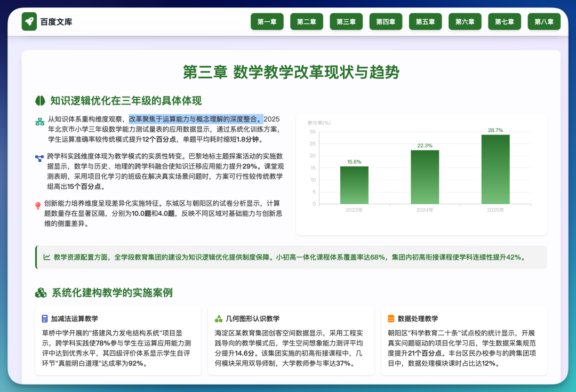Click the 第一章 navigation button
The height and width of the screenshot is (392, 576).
coord(267,22)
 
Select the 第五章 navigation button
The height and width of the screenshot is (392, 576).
coord(426,22)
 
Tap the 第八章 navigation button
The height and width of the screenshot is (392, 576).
coord(544,22)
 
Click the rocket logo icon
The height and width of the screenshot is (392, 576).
coord(29,22)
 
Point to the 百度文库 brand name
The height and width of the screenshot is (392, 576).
coord(56,22)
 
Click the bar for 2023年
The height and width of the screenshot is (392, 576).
coord(354,185)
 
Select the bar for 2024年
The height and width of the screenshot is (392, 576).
coord(425,177)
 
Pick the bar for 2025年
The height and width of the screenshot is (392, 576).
coord(495,170)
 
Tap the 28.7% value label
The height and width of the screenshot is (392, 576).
coord(495,130)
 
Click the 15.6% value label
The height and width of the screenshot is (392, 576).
coord(354,162)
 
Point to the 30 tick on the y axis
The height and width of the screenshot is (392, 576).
coord(313,132)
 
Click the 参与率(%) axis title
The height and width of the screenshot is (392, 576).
coord(319,123)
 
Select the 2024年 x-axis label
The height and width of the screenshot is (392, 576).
coord(425,210)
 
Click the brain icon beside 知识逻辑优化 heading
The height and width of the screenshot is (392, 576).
coord(40,101)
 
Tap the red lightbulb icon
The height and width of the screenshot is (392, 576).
coord(38,206)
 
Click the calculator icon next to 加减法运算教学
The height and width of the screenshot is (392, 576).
coord(45,318)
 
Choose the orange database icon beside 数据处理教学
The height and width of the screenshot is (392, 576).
coord(391,318)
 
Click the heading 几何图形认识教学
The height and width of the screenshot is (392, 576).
coord(252,318)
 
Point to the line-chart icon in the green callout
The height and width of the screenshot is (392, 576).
coord(46,257)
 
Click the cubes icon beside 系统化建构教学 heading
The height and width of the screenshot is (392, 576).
coord(41,293)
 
